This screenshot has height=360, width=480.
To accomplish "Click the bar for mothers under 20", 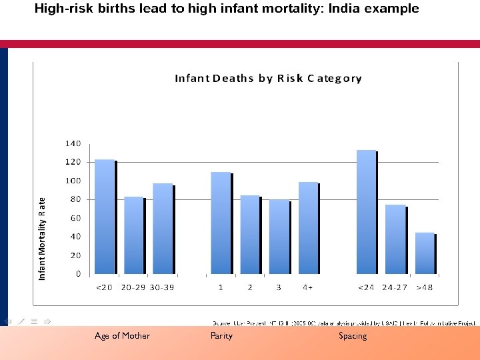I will (105, 217).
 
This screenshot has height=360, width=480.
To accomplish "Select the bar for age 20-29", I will (134, 235).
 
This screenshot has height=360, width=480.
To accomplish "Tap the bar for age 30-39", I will (163, 228).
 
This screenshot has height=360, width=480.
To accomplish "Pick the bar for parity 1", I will (221, 223).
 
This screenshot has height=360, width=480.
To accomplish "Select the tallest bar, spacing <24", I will (366, 212).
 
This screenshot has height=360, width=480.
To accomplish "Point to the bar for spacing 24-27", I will (395, 239).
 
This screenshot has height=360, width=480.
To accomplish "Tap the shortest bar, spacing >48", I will (425, 253).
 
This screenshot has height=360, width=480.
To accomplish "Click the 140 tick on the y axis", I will (73, 143).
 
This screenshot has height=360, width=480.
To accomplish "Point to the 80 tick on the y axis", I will (75, 199).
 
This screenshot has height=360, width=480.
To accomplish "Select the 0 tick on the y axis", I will (78, 274).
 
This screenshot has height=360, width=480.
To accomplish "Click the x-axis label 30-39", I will (163, 287).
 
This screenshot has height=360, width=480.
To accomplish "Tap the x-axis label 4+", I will (308, 287).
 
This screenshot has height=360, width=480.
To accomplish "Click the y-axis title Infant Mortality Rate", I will (42, 238).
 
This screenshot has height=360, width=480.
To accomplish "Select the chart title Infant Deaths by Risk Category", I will (268, 78).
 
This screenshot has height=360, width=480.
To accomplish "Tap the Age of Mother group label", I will (122, 336).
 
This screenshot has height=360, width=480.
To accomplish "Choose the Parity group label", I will (221, 336).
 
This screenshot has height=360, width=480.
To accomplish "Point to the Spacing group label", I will (353, 336).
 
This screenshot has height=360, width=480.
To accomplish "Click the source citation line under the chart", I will (344, 323).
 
